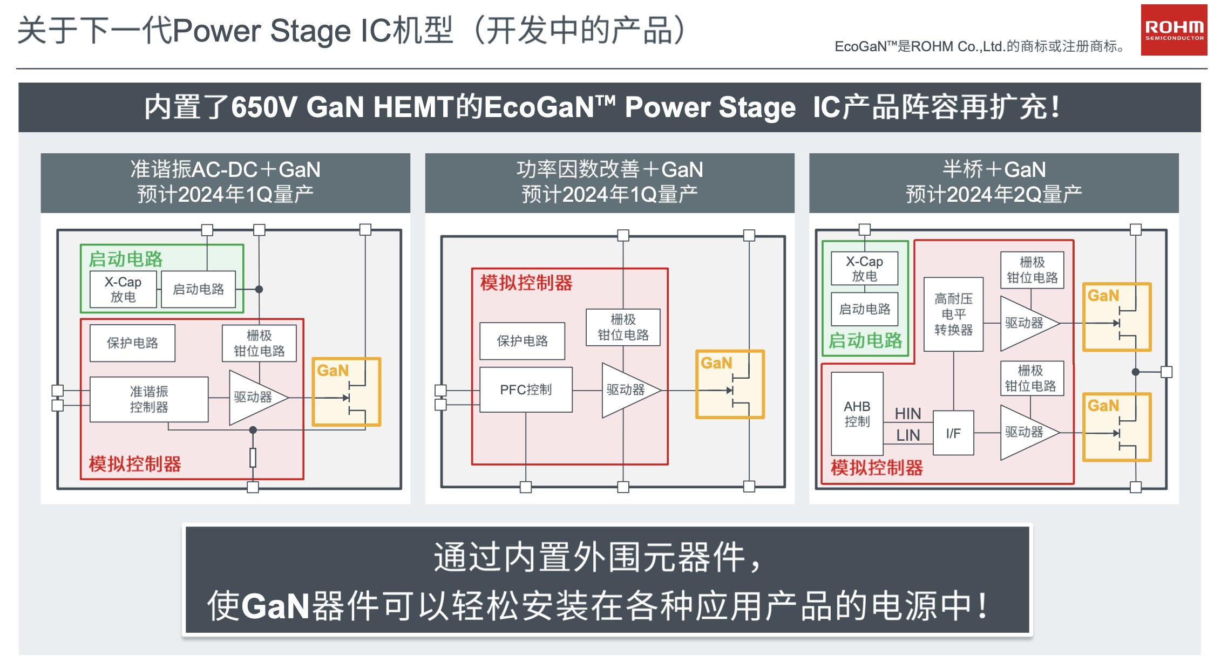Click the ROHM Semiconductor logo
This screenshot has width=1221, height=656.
tap(1173, 30)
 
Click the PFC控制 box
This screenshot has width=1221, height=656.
tap(526, 389)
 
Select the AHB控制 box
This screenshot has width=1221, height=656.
tap(857, 414)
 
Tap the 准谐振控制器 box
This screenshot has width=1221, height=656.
tap(149, 399)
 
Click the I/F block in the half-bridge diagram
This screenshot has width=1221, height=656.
tap(953, 433)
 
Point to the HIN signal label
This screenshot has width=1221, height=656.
tap(908, 414)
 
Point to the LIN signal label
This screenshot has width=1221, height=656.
tap(908, 435)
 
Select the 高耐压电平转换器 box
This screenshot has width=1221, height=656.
tap(953, 315)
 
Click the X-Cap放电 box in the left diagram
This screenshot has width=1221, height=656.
tap(123, 289)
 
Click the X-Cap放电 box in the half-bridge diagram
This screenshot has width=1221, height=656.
tap(864, 269)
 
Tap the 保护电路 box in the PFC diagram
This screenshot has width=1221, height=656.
tap(522, 341)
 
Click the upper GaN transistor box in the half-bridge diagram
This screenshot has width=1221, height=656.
tap(1117, 317)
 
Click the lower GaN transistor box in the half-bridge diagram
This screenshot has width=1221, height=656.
tap(1117, 427)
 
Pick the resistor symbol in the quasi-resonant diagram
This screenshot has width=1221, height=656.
tap(253, 457)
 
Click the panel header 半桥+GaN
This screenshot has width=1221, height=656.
tap(994, 170)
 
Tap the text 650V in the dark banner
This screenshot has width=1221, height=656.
tap(264, 107)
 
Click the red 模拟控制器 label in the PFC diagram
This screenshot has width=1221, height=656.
tap(526, 283)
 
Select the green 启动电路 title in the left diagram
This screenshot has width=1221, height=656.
tap(125, 259)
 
